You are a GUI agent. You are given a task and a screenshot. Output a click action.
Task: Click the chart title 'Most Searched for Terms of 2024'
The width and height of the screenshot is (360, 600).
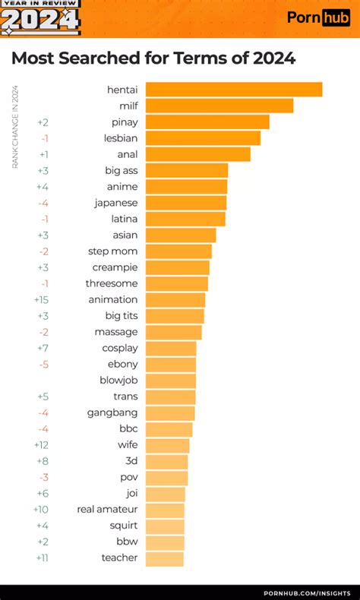(x=153, y=59)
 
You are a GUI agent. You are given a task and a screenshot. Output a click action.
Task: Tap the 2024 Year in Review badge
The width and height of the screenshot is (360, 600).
(x=40, y=18)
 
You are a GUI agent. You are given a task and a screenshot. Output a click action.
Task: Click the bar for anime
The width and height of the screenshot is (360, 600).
(x=186, y=187)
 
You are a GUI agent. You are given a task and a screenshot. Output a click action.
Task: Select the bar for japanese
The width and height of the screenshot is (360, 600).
(x=185, y=203)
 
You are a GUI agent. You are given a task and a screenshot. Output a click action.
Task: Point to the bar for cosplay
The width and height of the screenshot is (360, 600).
(x=171, y=348)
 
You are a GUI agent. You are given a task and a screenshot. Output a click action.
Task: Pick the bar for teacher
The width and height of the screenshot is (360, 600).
(x=164, y=558)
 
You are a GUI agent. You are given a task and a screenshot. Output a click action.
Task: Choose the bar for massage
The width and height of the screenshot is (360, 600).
(x=173, y=332)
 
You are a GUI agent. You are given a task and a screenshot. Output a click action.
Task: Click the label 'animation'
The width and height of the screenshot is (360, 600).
(x=113, y=299)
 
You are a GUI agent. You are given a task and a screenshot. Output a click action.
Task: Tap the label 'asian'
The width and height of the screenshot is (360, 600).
(x=125, y=235)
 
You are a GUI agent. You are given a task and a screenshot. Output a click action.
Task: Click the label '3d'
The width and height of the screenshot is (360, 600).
(x=131, y=461)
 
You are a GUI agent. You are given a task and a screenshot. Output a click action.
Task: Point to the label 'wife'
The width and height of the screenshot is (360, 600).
(x=127, y=445)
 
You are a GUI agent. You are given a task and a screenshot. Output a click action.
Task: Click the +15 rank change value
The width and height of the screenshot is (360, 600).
(x=42, y=299)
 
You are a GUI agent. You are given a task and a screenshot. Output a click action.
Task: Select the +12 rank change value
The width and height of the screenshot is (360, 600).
(x=42, y=445)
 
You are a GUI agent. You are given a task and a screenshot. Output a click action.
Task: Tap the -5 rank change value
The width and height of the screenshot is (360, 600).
(x=44, y=364)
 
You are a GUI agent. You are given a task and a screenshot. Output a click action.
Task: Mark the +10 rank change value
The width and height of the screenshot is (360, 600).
(x=42, y=510)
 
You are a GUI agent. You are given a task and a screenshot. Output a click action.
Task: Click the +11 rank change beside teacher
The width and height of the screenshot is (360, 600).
(x=43, y=558)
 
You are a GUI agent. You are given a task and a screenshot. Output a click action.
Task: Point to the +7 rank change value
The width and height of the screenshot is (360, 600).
(x=43, y=348)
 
